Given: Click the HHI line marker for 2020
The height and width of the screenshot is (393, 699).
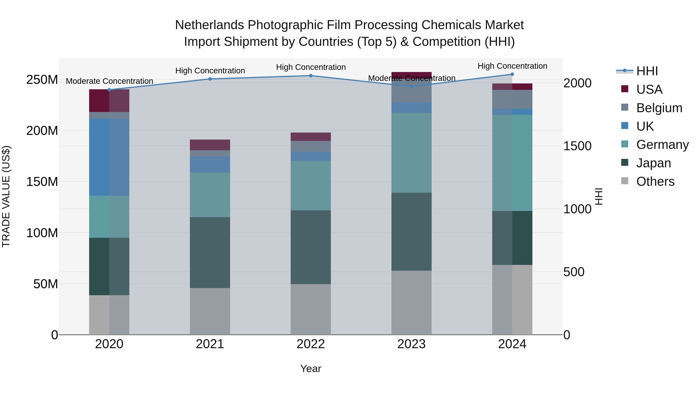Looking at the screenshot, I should (109, 90).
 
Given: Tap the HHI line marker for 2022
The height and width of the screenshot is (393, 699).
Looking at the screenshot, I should (311, 76).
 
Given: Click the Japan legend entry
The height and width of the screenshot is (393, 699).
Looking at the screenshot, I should (653, 163).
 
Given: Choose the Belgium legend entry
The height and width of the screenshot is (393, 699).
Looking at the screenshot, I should (659, 108).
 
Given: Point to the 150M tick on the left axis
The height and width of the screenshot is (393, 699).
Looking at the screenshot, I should (42, 182).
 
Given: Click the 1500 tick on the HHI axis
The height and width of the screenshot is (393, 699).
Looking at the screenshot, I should (577, 146).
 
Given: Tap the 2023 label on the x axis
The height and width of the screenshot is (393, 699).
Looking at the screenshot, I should (411, 344).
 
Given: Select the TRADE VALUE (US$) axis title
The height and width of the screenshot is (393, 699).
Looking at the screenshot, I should (6, 196).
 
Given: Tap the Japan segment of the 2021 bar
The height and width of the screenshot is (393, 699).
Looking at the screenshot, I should (210, 252).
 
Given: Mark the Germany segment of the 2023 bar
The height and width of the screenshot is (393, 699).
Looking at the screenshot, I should (411, 153).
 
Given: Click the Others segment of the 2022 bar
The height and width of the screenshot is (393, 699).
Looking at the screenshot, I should (311, 310).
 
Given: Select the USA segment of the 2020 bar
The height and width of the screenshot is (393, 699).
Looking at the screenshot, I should (109, 101).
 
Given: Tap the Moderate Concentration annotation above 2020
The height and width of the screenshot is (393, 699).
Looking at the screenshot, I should (109, 81).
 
